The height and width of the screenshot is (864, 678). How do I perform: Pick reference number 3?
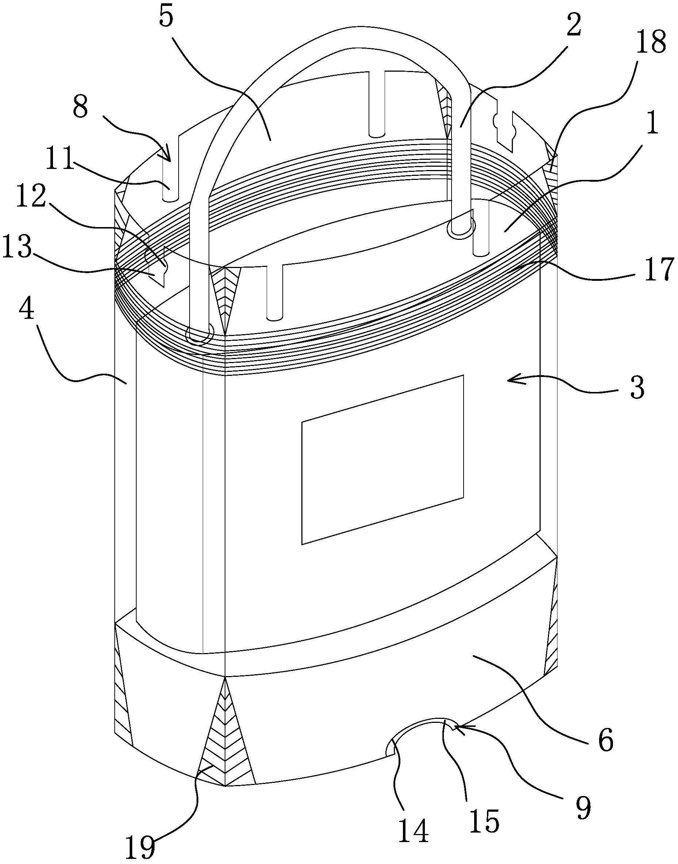point(637,387)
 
